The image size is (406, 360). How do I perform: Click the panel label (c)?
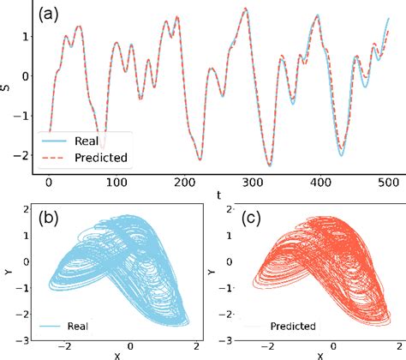coord(252,218)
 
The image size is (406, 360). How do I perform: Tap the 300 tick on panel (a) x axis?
coord(250,183)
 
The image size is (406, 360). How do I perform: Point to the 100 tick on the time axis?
coord(115,183)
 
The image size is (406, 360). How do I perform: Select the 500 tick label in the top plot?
coord(385,183)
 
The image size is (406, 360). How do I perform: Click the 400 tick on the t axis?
coord(318,183)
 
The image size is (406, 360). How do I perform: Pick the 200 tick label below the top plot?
coord(182,183)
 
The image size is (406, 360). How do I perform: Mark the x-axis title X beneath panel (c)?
coord(319,355)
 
